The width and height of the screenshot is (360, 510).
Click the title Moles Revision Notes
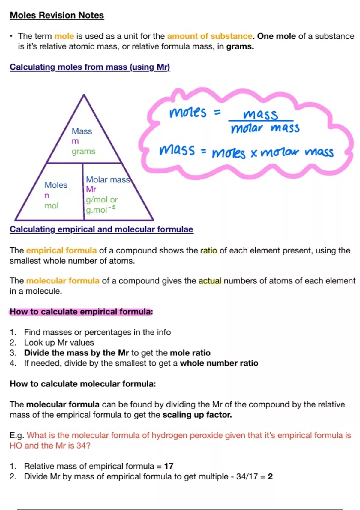[57, 16]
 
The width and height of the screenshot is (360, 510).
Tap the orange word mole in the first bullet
[64, 36]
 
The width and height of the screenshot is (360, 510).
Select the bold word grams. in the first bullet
[240, 47]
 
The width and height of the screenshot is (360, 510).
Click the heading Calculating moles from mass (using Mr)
[90, 67]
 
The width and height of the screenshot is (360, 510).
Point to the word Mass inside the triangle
[82, 131]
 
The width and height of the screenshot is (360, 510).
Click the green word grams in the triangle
[83, 151]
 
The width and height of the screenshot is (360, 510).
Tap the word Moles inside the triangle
[56, 185]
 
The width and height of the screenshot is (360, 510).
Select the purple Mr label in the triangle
[91, 189]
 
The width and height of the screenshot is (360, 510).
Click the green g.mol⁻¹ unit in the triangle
[100, 209]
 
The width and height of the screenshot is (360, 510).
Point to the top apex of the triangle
[84, 94]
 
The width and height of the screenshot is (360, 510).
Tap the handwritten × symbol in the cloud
[254, 154]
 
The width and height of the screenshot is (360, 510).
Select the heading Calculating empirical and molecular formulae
[101, 229]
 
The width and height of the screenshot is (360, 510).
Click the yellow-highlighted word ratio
[208, 251]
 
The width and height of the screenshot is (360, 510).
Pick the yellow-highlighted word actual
[210, 281]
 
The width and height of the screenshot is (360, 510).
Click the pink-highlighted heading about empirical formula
[81, 312]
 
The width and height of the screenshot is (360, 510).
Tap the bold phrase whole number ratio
[219, 363]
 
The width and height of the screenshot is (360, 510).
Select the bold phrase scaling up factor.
[197, 415]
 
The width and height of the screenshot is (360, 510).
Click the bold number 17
[169, 466]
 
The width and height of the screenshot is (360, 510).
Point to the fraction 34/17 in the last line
[247, 476]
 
